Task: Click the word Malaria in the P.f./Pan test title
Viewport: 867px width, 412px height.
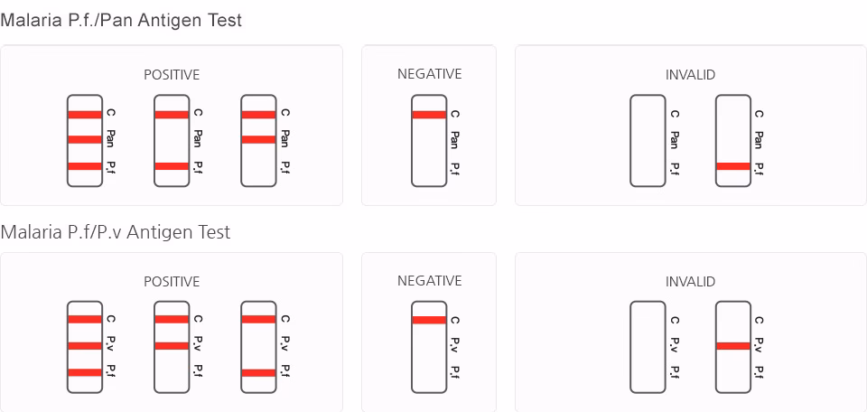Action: click(32, 20)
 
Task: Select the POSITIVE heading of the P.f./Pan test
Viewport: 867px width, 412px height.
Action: click(172, 75)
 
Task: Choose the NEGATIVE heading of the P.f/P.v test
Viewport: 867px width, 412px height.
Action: click(429, 281)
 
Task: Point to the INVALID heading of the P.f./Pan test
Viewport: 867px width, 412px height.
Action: click(690, 75)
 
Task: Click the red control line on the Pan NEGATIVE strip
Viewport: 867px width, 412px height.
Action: click(429, 115)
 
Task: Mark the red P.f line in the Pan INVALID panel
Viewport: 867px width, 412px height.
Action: click(732, 166)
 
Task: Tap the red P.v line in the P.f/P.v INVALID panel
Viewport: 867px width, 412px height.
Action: click(732, 346)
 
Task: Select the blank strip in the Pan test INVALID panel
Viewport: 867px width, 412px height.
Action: click(647, 140)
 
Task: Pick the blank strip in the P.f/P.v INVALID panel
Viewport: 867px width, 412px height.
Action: click(647, 347)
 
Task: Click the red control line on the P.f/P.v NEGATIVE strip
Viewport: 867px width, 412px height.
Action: click(429, 320)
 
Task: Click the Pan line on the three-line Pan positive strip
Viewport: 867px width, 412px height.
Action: click(85, 139)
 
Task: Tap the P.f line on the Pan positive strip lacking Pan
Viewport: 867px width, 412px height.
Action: click(172, 166)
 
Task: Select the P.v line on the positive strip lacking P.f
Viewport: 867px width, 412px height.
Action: click(172, 346)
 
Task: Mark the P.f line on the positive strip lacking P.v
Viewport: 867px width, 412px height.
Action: click(258, 372)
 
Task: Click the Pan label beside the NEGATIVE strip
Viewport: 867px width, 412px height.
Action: click(454, 139)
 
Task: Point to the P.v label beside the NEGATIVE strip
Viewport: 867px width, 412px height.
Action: click(454, 345)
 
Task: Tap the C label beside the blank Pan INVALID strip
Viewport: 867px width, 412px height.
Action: click(673, 114)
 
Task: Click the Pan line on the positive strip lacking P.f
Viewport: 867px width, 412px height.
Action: click(258, 139)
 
